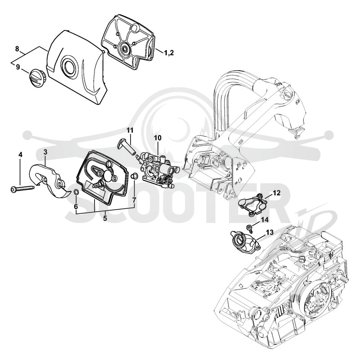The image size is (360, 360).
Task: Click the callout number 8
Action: [17, 49]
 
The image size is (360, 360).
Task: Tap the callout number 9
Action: [18, 67]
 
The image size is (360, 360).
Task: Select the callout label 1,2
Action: [169, 53]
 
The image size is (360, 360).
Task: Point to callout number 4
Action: [20, 155]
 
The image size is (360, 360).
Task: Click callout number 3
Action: [45, 152]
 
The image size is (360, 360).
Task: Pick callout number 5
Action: [105, 218]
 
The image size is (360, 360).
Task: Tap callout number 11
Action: [130, 130]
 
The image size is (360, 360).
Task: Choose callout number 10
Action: [157, 138]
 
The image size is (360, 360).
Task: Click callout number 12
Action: [277, 193]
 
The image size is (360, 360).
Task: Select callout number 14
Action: [265, 220]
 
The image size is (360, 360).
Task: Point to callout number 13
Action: [270, 232]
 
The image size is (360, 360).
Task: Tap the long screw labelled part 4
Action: [22, 189]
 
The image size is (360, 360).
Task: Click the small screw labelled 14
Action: [249, 227]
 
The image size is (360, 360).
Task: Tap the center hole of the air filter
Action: [125, 49]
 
